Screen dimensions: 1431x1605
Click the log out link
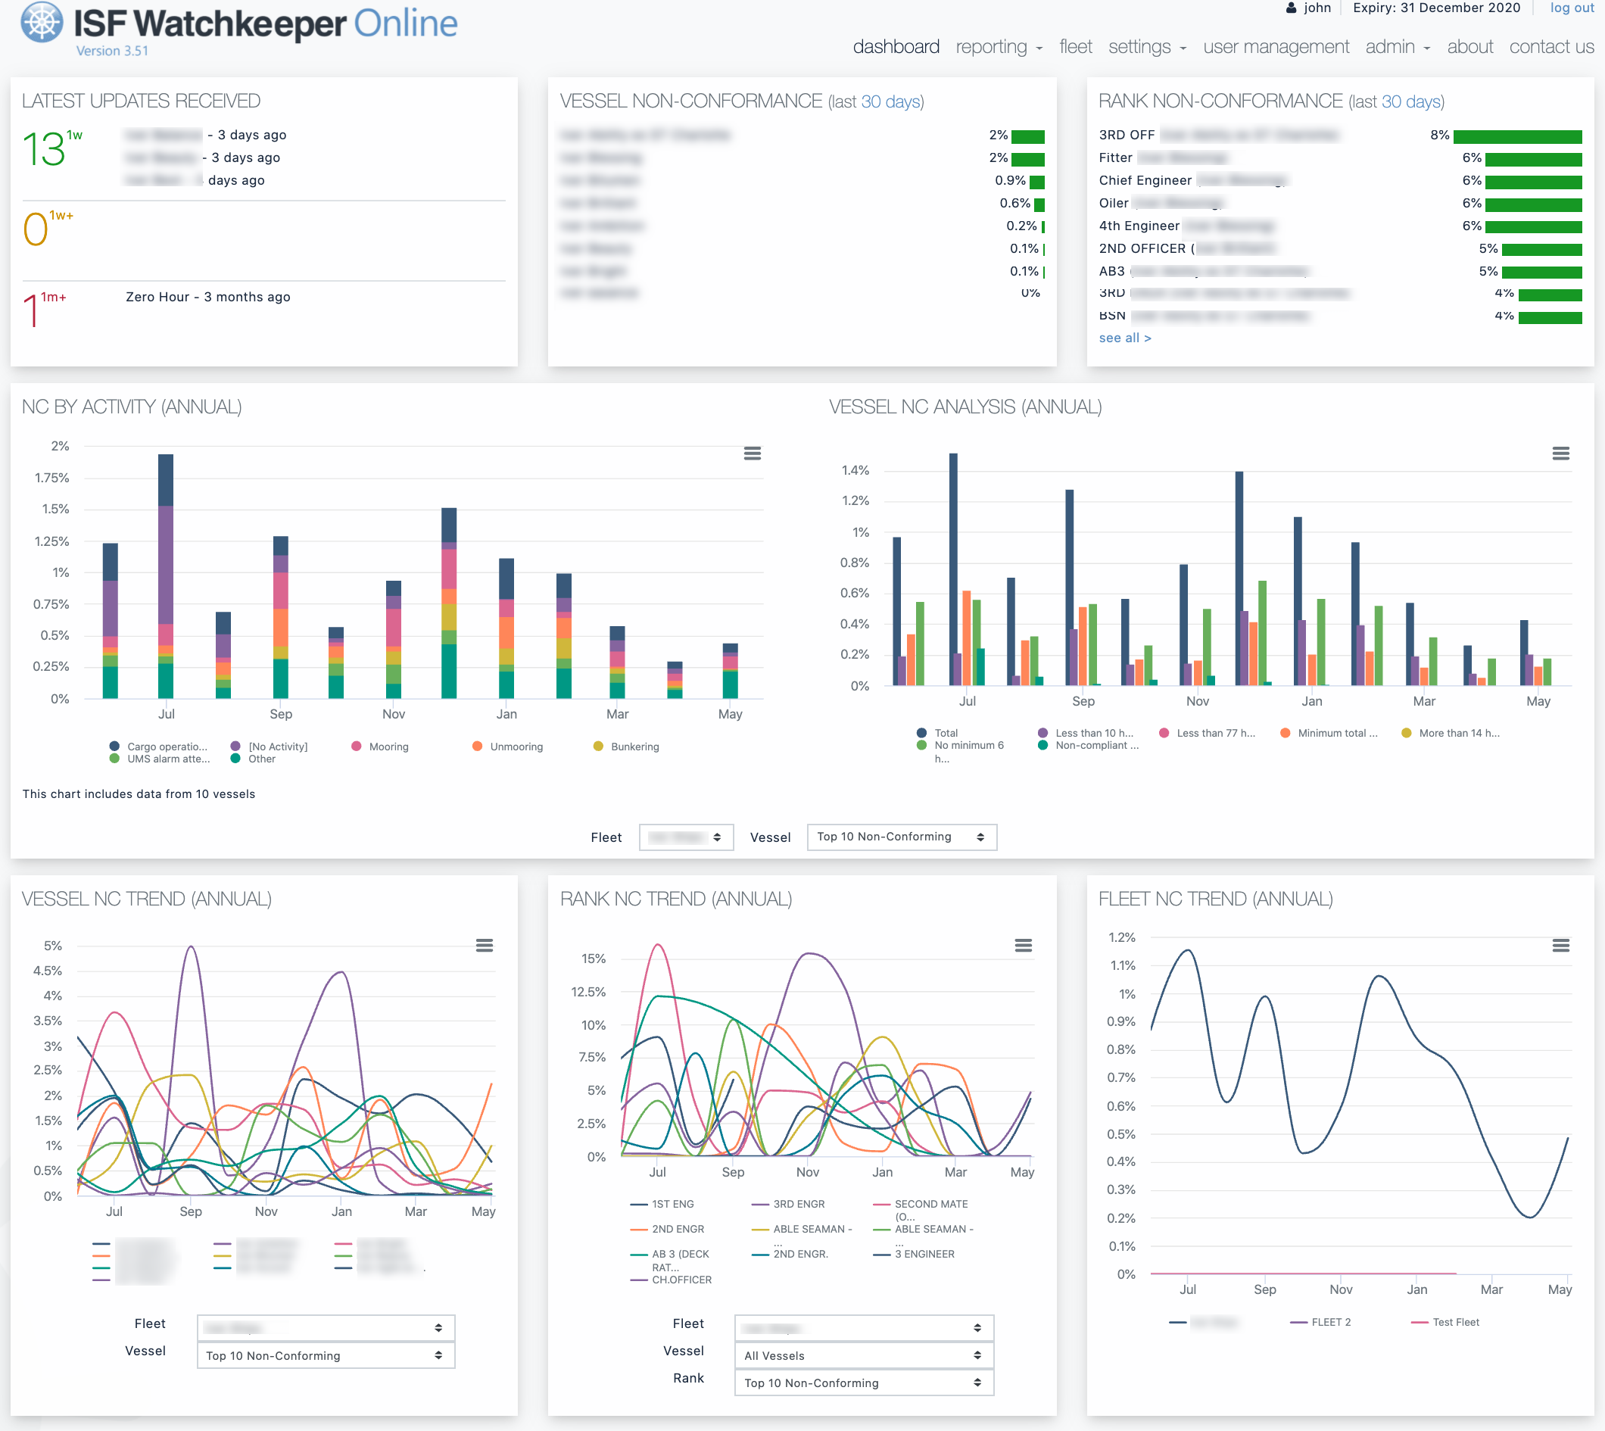[x=1570, y=8]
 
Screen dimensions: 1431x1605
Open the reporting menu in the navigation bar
[x=999, y=47]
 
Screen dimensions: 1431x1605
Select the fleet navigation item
[x=1075, y=47]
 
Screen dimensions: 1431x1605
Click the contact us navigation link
[x=1550, y=47]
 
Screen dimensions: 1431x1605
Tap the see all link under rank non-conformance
[x=1124, y=338]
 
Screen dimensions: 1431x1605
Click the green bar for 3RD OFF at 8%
[x=1517, y=137]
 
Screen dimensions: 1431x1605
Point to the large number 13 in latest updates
[x=44, y=149]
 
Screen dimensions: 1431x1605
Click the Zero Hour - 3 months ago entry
[x=207, y=298]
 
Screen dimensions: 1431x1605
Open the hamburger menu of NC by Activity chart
[x=752, y=454]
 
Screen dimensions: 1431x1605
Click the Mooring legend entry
[x=388, y=747]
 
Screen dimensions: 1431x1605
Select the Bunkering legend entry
[x=634, y=747]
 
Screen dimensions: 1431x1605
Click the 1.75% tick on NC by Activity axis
[x=52, y=478]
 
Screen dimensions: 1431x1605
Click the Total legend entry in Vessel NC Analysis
[x=946, y=733]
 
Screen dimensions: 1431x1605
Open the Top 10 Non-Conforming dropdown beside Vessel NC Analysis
[x=902, y=837]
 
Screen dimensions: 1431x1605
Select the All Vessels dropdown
[x=863, y=1355]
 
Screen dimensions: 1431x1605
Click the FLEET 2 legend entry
[x=1330, y=1323]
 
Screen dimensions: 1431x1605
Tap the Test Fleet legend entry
[x=1455, y=1323]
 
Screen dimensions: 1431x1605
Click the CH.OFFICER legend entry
[x=681, y=1280]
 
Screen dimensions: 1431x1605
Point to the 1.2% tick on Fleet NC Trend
[x=1122, y=937]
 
